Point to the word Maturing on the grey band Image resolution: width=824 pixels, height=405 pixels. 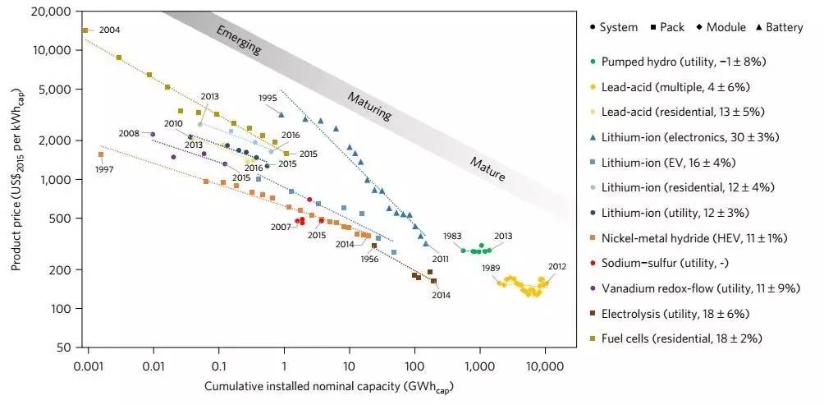(x=368, y=105)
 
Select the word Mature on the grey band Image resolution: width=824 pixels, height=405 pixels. (x=487, y=167)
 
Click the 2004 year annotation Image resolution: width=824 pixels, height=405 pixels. (x=109, y=30)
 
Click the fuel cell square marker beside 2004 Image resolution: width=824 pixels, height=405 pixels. (x=85, y=30)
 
